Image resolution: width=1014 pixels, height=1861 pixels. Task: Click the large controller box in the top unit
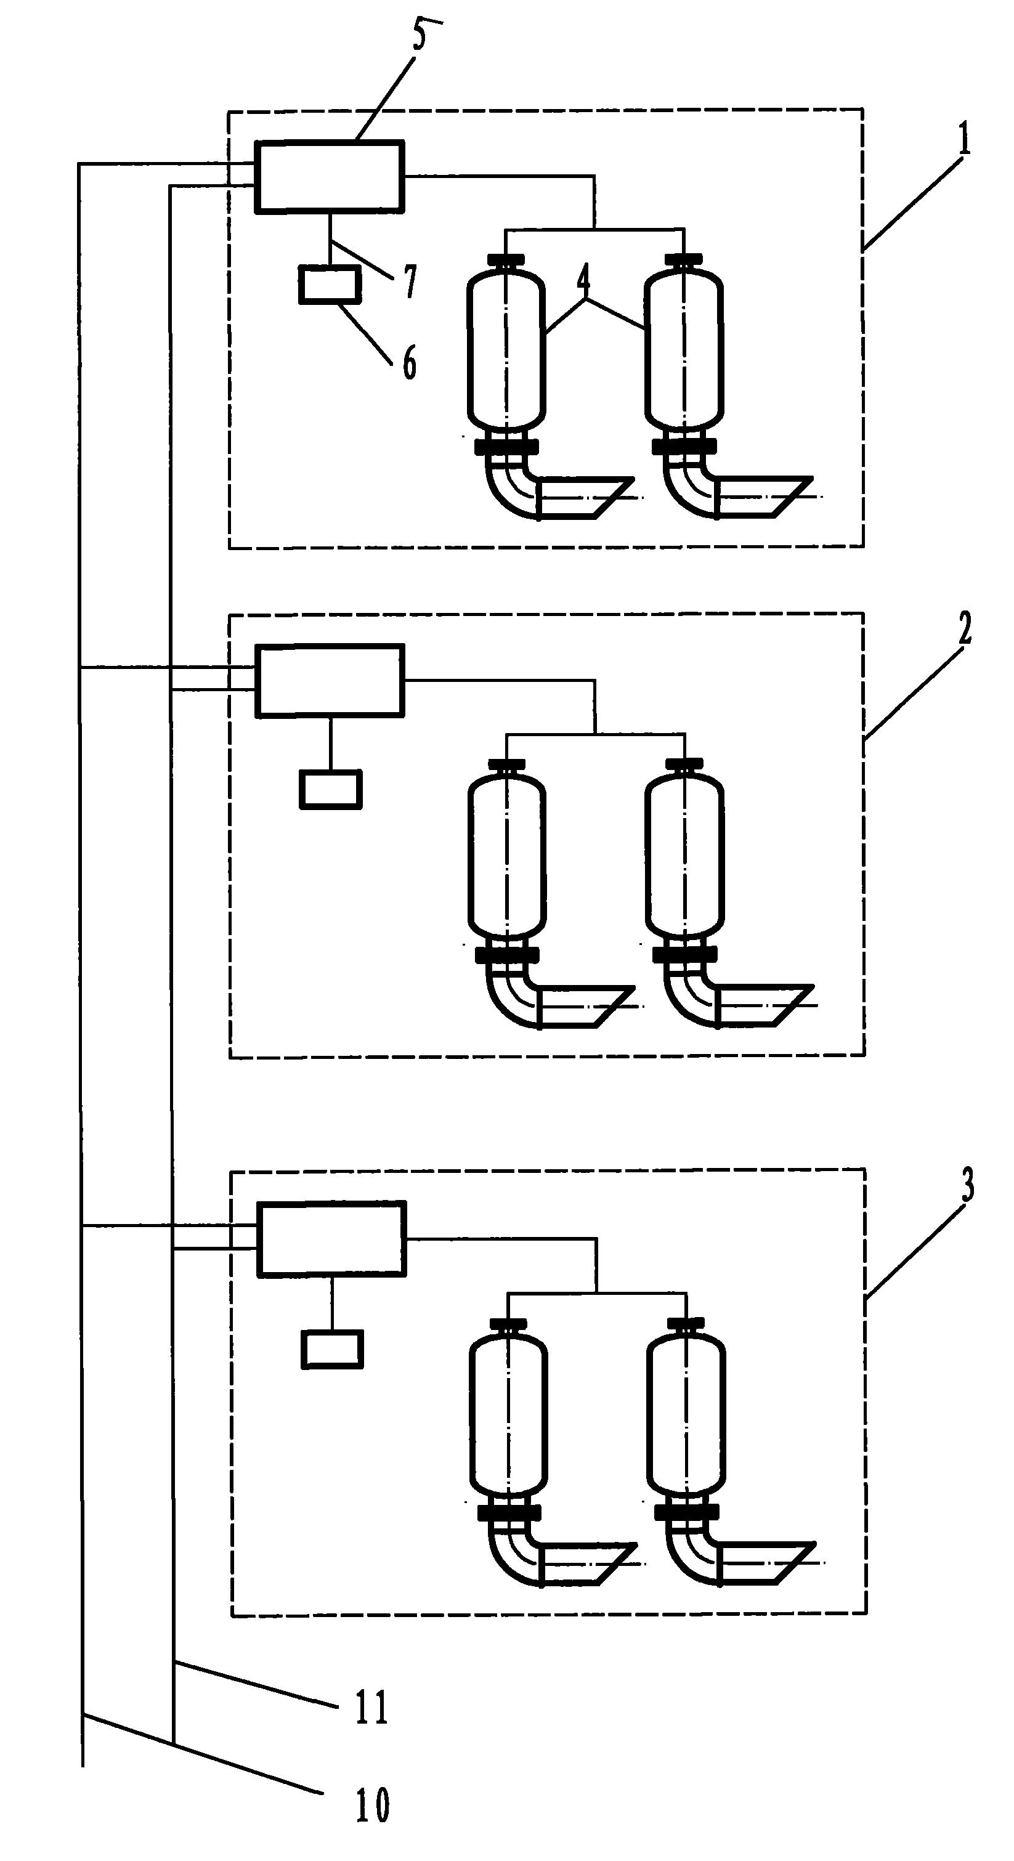[328, 176]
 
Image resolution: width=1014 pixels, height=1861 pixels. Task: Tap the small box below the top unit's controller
[330, 284]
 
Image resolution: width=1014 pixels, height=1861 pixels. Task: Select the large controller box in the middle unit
[330, 681]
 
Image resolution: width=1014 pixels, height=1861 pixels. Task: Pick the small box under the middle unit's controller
[331, 789]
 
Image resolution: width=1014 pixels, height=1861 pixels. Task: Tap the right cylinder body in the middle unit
[684, 856]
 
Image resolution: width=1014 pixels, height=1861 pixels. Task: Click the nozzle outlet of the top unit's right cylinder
[766, 497]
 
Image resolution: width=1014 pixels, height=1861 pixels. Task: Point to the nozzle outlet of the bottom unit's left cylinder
[587, 1564]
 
